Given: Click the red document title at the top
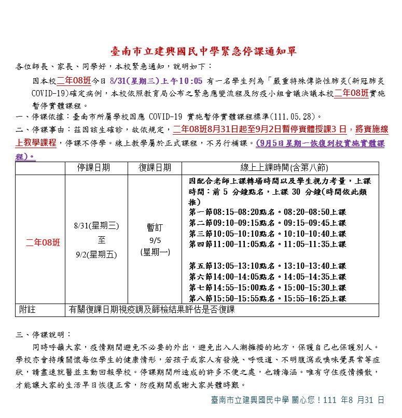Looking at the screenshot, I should (203, 51).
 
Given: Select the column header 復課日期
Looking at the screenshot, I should (155, 168).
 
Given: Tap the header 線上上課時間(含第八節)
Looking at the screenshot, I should (284, 168).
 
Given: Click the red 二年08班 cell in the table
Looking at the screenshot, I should (43, 242).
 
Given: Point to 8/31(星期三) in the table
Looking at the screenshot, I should (96, 225).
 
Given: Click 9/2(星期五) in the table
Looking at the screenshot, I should (96, 254).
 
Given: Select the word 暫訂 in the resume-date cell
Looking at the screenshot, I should (155, 227).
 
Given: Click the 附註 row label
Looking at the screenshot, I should (27, 310).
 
